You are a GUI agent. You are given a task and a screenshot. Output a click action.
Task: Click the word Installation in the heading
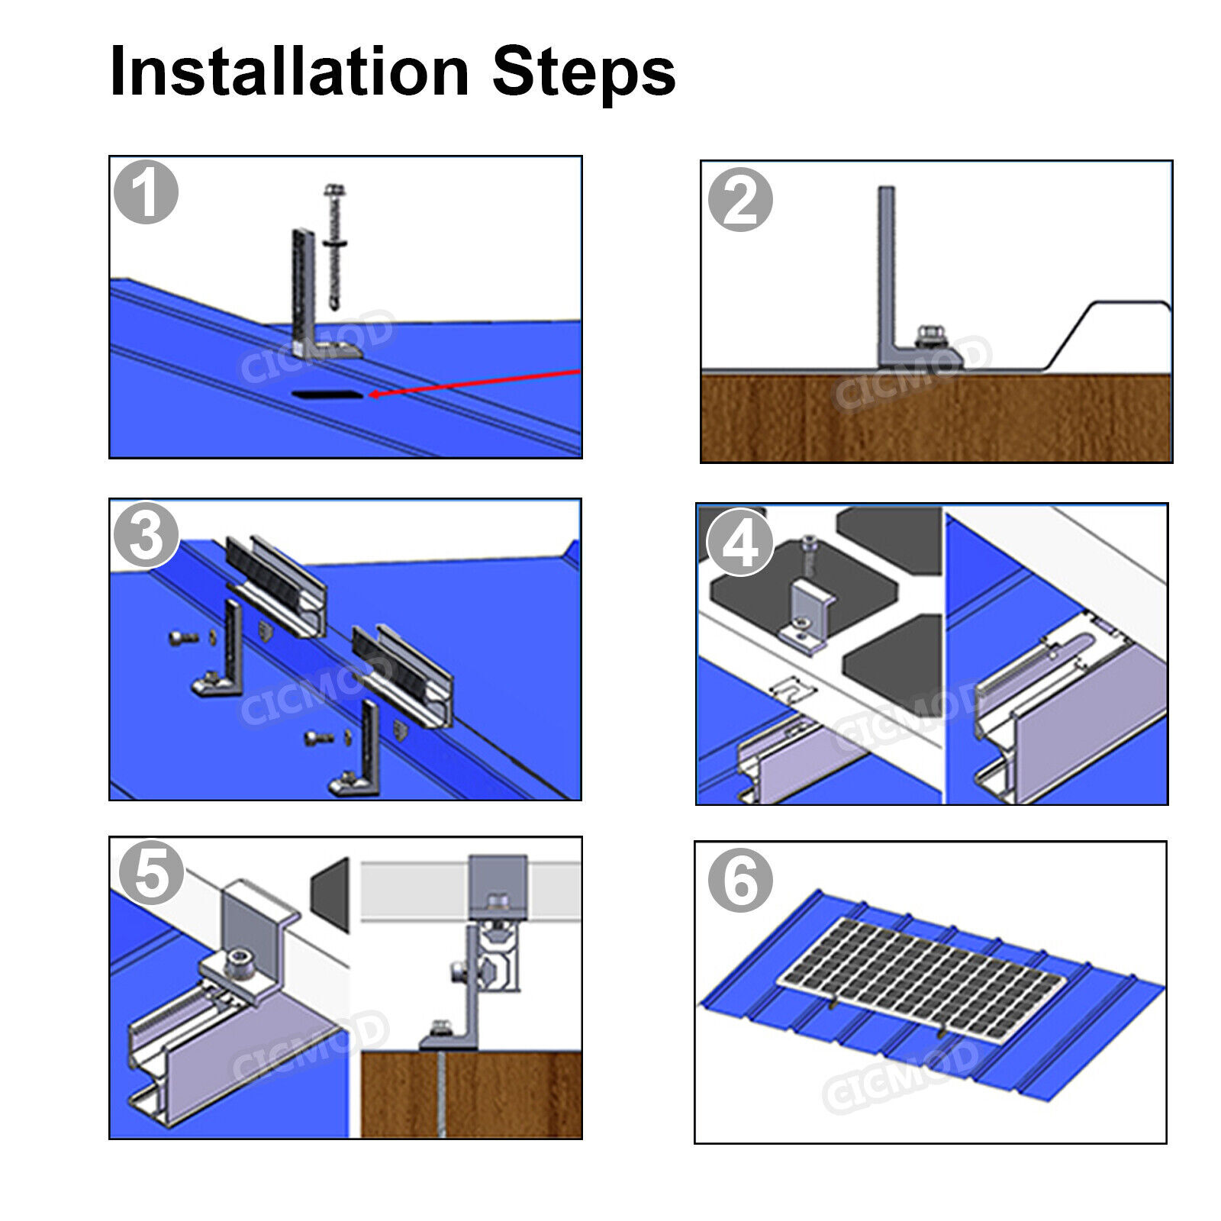pos(288,71)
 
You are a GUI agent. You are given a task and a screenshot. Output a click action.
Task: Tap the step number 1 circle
pos(146,192)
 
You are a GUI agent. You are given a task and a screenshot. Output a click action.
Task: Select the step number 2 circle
pos(739,199)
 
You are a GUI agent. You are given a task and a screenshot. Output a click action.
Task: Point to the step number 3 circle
pos(146,534)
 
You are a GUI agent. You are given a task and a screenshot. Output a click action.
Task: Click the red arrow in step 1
pos(473,382)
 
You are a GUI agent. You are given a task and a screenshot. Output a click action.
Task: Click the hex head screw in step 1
pos(334,244)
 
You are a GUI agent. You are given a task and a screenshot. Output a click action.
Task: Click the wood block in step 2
pos(936,417)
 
